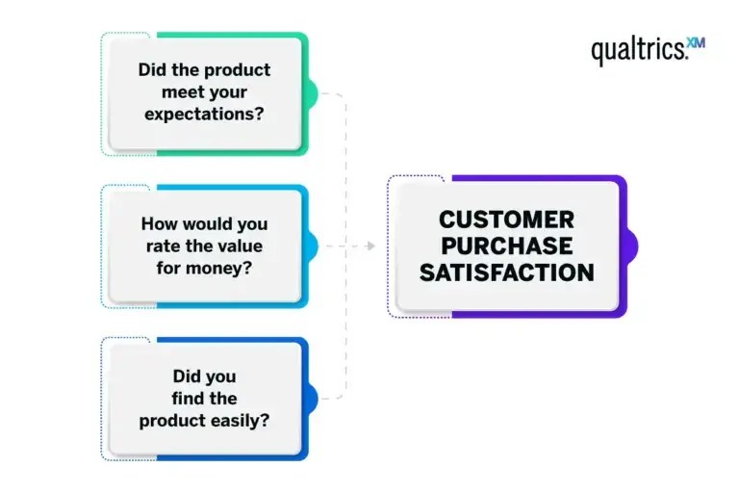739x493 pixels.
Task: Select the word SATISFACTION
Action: (x=507, y=272)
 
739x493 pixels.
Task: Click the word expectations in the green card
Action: (x=204, y=114)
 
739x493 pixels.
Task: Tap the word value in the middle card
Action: (x=242, y=246)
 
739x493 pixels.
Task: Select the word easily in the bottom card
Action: (x=243, y=420)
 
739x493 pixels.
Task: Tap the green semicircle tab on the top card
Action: (x=312, y=93)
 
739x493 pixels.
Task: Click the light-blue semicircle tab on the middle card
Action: (x=312, y=246)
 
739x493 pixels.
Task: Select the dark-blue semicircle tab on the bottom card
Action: (x=312, y=398)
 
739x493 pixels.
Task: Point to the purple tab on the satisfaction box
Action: (x=631, y=246)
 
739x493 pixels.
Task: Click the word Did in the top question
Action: (x=152, y=70)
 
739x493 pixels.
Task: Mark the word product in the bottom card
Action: (x=170, y=420)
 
